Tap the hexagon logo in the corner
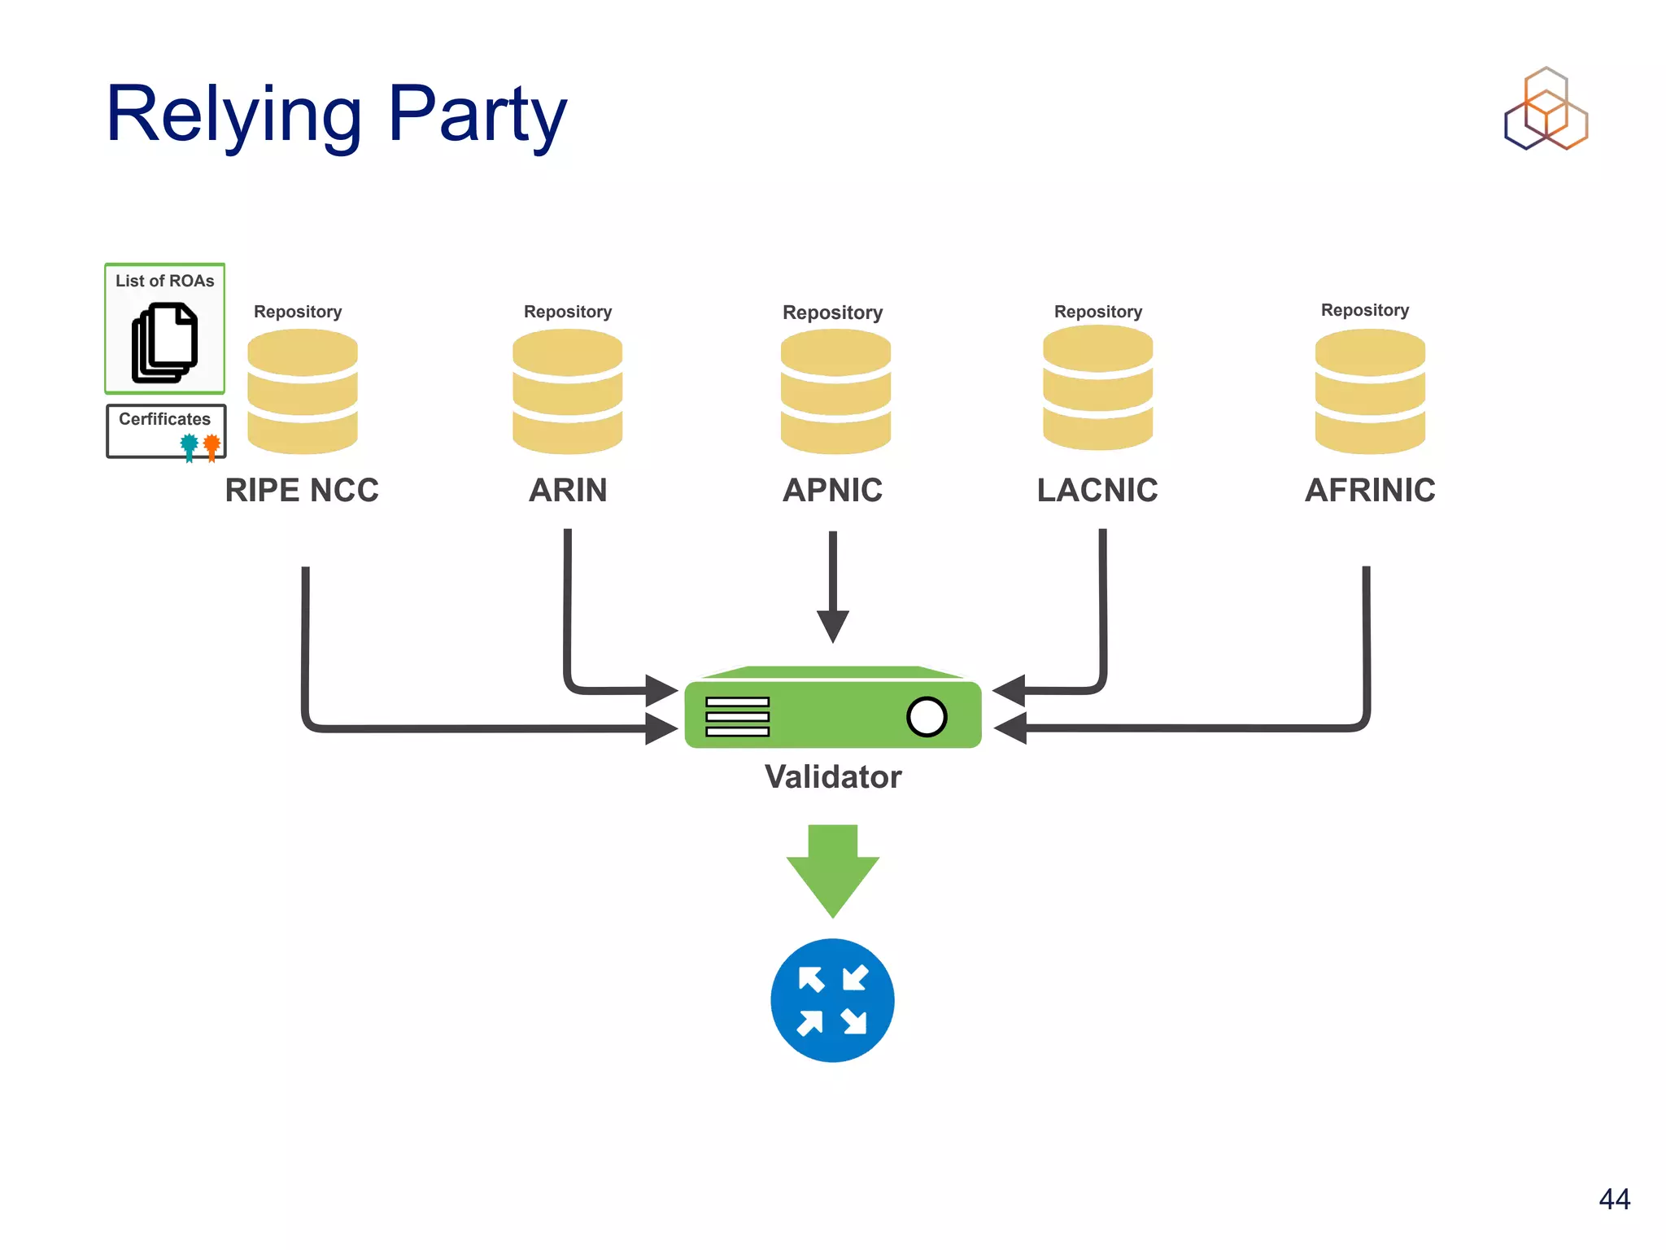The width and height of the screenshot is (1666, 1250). click(1546, 110)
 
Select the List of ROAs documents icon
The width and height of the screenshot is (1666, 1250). click(165, 342)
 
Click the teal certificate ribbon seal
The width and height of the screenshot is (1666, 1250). click(190, 446)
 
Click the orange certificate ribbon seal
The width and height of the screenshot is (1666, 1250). click(212, 446)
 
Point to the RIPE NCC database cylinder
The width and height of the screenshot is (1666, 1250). click(303, 391)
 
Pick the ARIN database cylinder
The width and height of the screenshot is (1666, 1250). click(568, 391)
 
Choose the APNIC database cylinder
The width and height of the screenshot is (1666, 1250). click(835, 391)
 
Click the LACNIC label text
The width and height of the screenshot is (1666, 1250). click(1097, 490)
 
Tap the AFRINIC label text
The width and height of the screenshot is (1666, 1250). click(1370, 490)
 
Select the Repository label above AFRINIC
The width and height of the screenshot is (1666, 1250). click(1364, 310)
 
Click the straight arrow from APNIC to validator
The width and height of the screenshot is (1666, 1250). click(833, 586)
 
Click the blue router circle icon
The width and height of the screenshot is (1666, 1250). click(832, 1000)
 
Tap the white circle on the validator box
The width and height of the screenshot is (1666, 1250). click(927, 717)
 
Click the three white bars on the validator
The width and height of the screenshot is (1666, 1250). click(737, 717)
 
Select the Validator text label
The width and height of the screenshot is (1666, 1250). click(833, 777)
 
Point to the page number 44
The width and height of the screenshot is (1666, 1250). click(1614, 1199)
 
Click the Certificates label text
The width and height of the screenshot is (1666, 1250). click(164, 419)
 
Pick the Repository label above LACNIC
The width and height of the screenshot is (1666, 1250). click(1097, 312)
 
